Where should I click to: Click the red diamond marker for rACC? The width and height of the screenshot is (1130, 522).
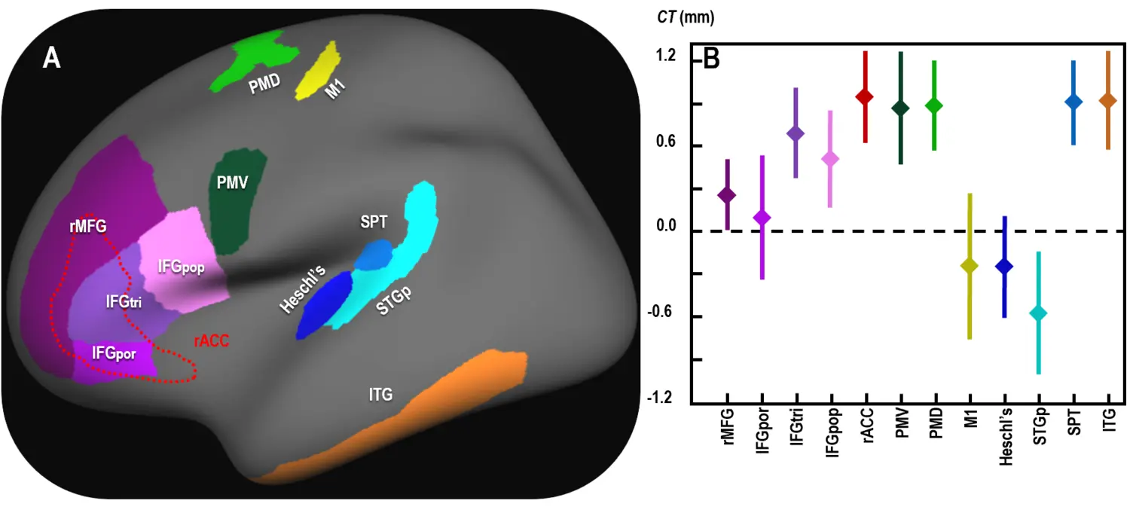point(865,96)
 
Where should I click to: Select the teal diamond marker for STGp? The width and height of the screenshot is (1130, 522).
point(1039,313)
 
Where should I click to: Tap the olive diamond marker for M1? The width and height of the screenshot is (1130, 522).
point(969,266)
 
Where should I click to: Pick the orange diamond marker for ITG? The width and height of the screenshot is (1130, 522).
point(1107,100)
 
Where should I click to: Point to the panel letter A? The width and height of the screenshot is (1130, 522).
point(51,57)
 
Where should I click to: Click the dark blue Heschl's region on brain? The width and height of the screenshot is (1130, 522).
point(324,305)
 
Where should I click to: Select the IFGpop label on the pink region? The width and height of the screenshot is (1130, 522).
point(181,267)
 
